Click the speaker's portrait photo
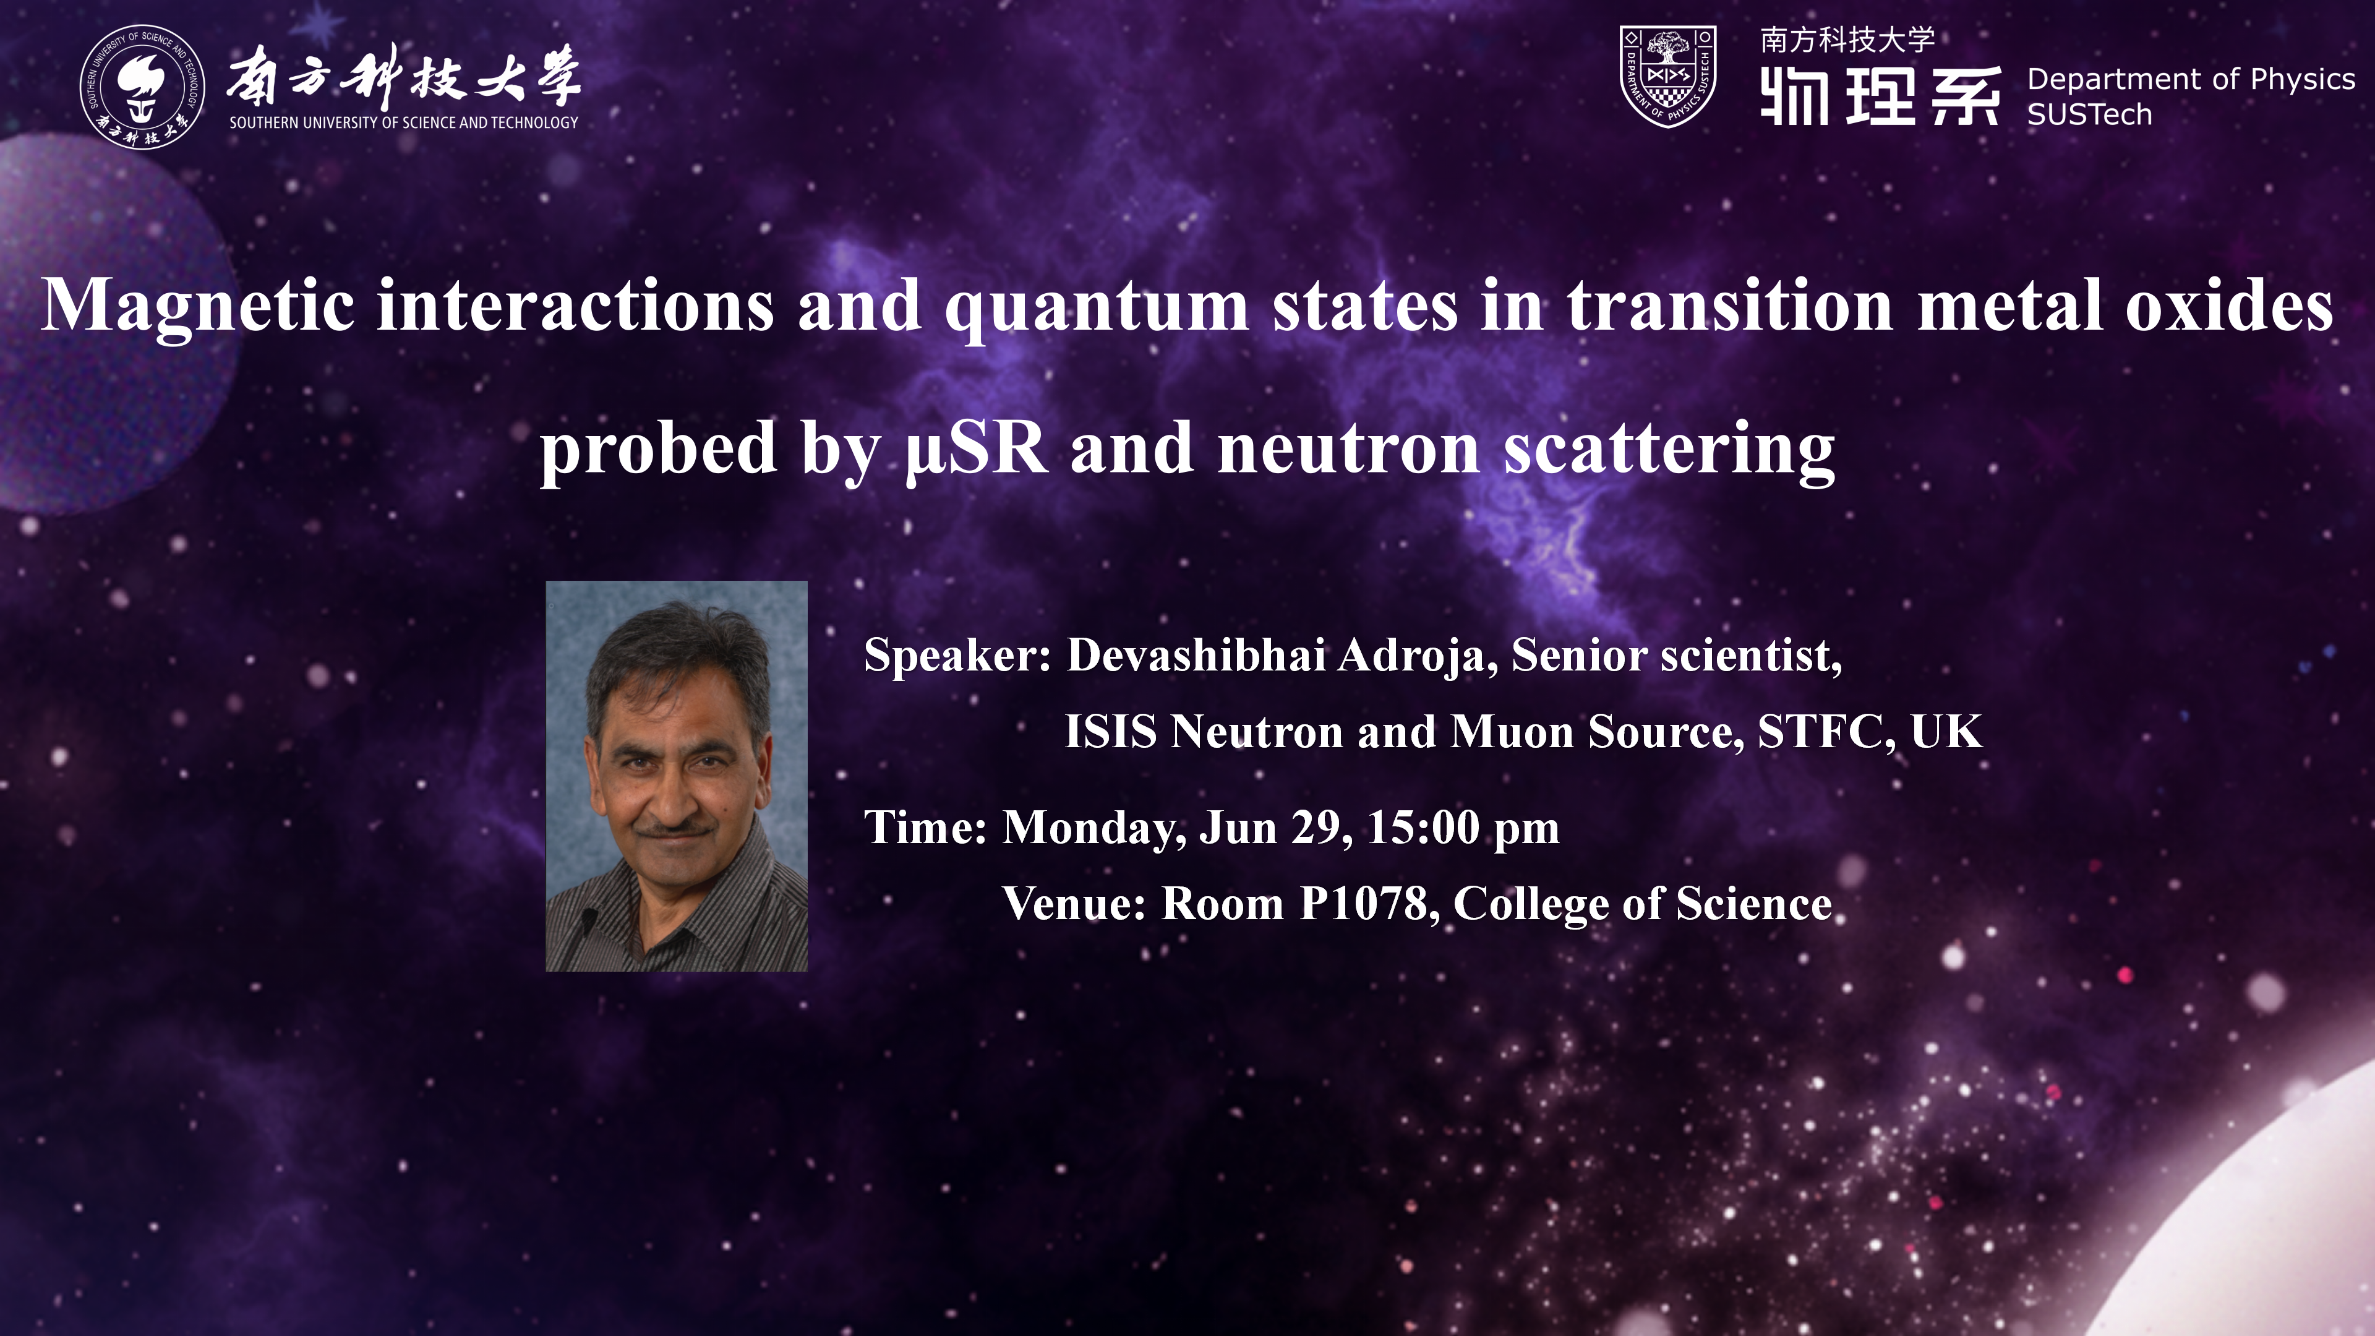[x=677, y=776]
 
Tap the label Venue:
[x=1074, y=904]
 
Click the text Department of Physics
[x=2191, y=80]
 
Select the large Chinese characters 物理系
[x=1881, y=96]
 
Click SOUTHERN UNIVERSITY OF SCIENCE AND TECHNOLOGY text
[x=404, y=122]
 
